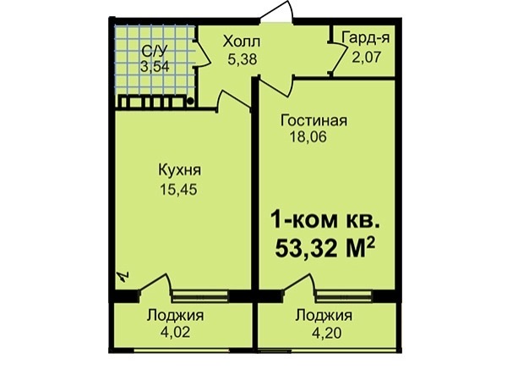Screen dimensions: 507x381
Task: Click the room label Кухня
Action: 179,170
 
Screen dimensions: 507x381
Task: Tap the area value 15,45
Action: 178,190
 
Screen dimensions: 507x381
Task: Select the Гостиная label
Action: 313,120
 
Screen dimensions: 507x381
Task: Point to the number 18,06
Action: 308,137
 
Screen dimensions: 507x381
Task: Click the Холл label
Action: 242,42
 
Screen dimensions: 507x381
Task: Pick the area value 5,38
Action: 243,59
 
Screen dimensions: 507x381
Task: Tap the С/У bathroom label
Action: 155,51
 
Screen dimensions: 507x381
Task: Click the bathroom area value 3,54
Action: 155,67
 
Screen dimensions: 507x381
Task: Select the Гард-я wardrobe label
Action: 366,38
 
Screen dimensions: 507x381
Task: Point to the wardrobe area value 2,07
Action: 367,57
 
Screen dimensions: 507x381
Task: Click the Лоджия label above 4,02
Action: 175,316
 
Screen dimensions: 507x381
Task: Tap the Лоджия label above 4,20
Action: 324,316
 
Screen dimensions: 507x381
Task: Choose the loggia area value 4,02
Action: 175,333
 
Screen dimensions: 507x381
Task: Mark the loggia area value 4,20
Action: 326,333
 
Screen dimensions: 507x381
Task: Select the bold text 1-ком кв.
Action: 325,221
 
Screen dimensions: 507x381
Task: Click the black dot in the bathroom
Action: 190,102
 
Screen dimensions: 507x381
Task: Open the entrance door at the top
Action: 277,13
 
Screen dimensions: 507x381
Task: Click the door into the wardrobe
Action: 338,58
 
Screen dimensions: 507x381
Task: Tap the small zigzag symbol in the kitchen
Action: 124,276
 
